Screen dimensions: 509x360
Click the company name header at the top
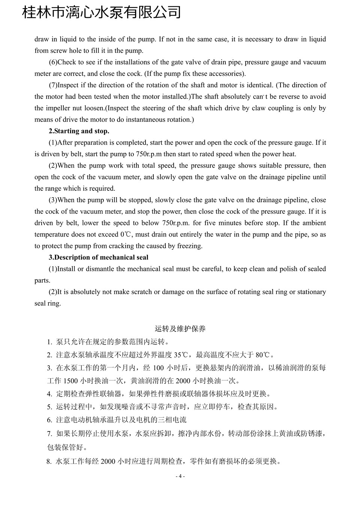[x=102, y=12]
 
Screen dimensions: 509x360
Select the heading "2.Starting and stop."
[x=79, y=131]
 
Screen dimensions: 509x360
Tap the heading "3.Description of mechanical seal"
[x=98, y=257]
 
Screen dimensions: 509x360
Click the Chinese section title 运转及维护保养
[x=180, y=329]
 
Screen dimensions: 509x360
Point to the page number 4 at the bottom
[x=180, y=476]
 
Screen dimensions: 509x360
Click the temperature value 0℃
[x=125, y=235]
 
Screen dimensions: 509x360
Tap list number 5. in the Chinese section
[x=49, y=407]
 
